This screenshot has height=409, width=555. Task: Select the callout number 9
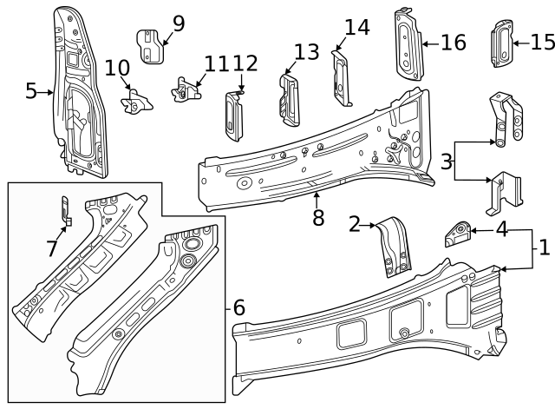(x=179, y=23)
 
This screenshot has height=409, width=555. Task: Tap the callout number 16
(x=454, y=43)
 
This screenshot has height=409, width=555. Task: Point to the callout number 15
(x=542, y=41)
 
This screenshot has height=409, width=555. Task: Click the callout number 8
(x=318, y=217)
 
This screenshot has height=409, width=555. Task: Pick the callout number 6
(x=238, y=307)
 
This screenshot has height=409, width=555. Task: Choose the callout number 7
(x=52, y=248)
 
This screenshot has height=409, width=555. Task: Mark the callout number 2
(x=355, y=225)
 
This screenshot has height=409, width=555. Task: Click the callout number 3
(x=446, y=162)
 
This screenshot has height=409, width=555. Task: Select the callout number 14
(x=357, y=28)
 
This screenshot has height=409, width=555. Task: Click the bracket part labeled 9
(x=152, y=47)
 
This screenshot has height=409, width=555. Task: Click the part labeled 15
(x=502, y=43)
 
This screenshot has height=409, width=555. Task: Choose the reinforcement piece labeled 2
(x=394, y=246)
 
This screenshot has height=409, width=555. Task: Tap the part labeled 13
(x=288, y=94)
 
